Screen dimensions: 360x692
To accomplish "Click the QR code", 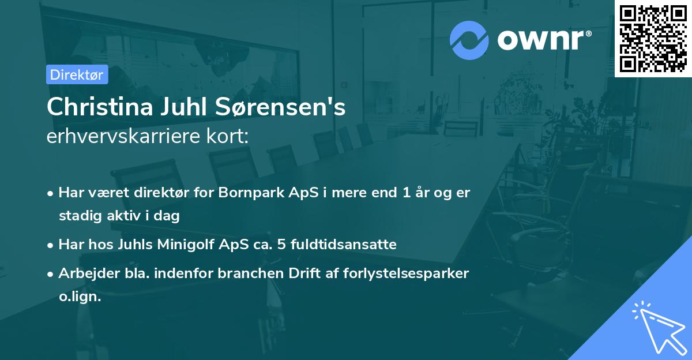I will pyautogui.click(x=653, y=38).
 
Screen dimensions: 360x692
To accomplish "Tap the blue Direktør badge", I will pyautogui.click(x=77, y=74).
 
